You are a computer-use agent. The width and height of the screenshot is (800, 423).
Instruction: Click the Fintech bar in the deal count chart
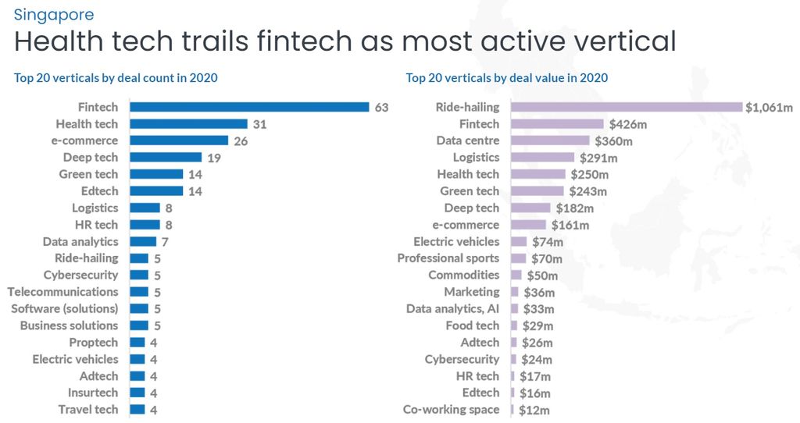[x=249, y=107]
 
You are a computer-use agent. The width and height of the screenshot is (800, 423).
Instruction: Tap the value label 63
[x=381, y=108]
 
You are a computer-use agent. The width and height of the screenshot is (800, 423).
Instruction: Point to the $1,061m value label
[x=769, y=108]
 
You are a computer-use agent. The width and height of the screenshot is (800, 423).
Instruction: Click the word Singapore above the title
[x=54, y=15]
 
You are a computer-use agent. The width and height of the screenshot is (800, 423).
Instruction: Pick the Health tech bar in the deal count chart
[x=188, y=124]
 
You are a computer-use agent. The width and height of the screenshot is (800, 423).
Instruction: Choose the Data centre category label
[x=467, y=140]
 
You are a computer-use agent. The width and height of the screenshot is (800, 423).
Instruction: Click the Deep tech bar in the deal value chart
[x=530, y=208]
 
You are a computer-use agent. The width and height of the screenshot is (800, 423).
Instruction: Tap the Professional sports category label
[x=448, y=258]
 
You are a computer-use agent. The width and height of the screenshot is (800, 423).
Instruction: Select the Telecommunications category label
[x=62, y=292]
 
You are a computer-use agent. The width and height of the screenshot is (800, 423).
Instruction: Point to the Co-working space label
[x=451, y=410]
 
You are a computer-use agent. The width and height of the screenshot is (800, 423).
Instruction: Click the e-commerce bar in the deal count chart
[x=179, y=140]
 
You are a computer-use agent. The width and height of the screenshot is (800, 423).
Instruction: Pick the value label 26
[x=241, y=141]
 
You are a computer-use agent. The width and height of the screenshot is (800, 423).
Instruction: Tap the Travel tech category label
[x=88, y=410]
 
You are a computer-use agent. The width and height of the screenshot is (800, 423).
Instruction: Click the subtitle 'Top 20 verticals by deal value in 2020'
[x=506, y=78]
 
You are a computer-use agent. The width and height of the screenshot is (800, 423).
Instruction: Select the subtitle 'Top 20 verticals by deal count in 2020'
[x=116, y=78]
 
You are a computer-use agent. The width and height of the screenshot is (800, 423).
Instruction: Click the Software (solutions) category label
[x=64, y=309]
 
